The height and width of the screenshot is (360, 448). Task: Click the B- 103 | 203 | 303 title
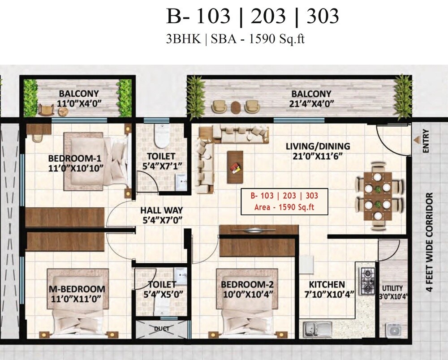coord(253,17)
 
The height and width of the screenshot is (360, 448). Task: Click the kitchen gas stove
coord(368,280)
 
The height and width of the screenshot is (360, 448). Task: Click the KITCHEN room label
coord(327,284)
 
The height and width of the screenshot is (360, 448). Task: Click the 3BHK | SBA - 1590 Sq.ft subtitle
coord(235,39)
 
